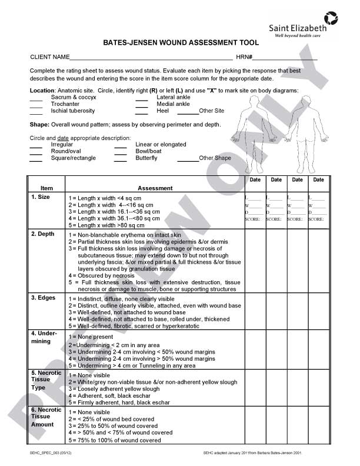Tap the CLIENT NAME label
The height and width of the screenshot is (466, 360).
tap(49, 57)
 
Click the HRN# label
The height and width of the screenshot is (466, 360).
tap(244, 57)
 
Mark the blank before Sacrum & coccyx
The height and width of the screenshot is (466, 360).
tap(36, 98)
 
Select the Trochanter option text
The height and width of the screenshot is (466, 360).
tap(65, 104)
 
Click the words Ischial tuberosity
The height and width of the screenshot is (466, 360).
tap(73, 111)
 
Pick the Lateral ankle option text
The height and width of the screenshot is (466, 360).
tap(173, 97)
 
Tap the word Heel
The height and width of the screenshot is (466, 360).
tap(163, 111)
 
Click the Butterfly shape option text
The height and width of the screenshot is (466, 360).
tap(146, 158)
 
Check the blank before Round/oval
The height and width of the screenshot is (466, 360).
tap(36, 152)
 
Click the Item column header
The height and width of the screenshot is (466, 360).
tap(46, 188)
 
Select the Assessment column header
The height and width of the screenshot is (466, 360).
tap(155, 188)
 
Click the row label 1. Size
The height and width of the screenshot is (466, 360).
tap(41, 197)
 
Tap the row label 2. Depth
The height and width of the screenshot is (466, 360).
tap(43, 234)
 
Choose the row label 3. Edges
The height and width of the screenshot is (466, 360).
tap(43, 298)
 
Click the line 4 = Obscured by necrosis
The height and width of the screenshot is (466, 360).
tap(102, 275)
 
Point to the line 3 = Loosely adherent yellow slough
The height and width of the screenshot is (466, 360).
tap(115, 389)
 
